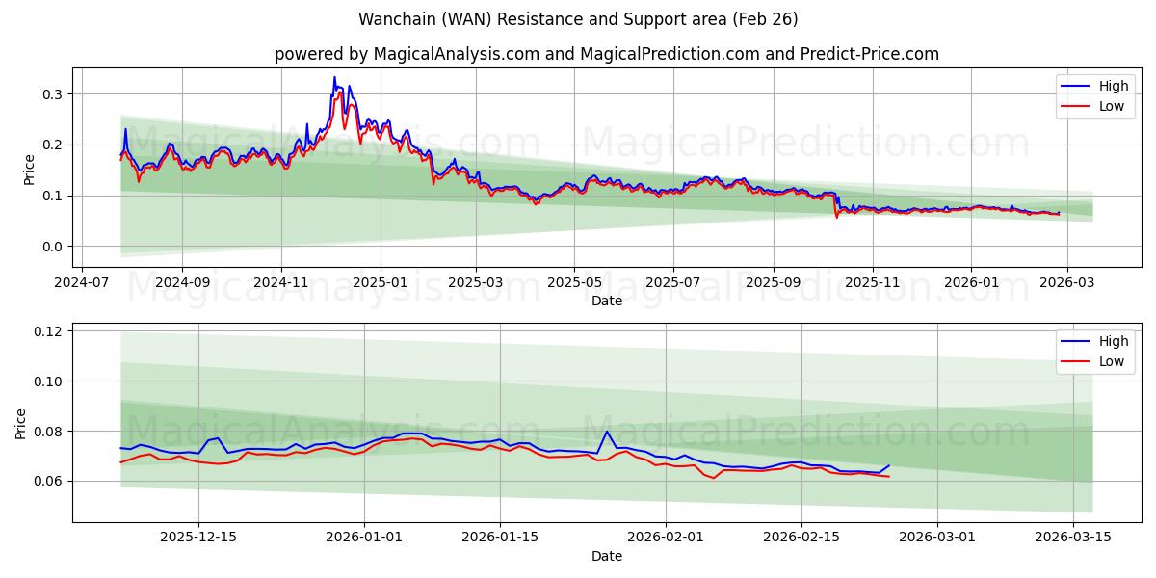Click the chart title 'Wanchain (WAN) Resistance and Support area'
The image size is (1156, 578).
[578, 19]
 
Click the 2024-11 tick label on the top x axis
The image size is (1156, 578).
[281, 284]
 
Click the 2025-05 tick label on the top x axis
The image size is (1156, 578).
[574, 284]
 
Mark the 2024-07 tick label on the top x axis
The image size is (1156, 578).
[81, 284]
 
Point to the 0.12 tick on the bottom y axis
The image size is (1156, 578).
[47, 331]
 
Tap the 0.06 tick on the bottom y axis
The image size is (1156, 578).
[47, 481]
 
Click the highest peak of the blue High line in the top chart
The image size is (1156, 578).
[334, 77]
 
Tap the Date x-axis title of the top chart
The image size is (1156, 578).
[607, 301]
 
